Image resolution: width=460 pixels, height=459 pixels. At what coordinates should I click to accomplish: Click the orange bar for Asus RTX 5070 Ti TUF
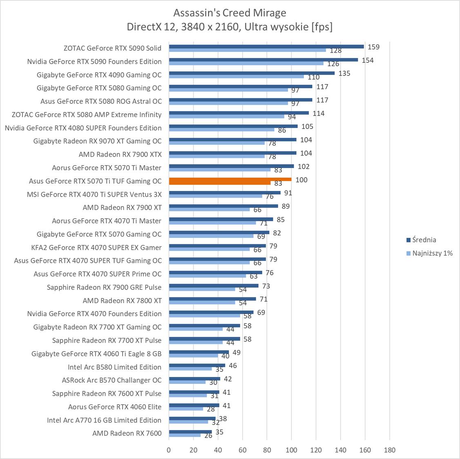pyautogui.click(x=230, y=179)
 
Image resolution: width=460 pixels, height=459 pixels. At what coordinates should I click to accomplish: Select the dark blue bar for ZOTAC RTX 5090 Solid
pyautogui.click(x=266, y=47)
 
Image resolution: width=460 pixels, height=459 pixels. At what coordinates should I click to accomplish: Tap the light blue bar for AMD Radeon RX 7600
pyautogui.click(x=185, y=435)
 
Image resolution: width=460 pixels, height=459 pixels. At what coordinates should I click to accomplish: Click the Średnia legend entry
pyautogui.click(x=424, y=240)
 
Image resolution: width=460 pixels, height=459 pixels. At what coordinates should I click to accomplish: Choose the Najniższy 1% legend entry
pyautogui.click(x=432, y=253)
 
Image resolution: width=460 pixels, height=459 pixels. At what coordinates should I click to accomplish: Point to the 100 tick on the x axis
pyautogui.click(x=291, y=450)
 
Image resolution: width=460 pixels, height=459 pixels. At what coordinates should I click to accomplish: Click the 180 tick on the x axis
pyautogui.click(x=390, y=450)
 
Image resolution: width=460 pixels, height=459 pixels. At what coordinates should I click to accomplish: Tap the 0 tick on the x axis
pyautogui.click(x=169, y=450)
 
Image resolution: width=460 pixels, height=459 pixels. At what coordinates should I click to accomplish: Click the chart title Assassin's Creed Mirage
pyautogui.click(x=230, y=13)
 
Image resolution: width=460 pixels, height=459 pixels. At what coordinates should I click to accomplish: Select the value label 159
pyautogui.click(x=373, y=47)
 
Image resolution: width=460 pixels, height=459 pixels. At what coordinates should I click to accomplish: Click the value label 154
pyautogui.click(x=368, y=60)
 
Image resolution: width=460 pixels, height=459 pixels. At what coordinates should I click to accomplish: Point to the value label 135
pyautogui.click(x=344, y=73)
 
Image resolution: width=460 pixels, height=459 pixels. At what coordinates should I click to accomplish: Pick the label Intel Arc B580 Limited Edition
pyautogui.click(x=114, y=367)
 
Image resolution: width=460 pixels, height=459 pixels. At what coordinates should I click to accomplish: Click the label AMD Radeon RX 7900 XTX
pyautogui.click(x=120, y=154)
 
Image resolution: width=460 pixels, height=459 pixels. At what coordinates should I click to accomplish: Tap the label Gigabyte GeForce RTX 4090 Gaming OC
pyautogui.click(x=99, y=75)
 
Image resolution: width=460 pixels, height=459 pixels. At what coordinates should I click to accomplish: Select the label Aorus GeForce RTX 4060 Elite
pyautogui.click(x=115, y=407)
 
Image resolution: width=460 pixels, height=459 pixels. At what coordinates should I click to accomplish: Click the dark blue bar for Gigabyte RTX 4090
pyautogui.click(x=252, y=73)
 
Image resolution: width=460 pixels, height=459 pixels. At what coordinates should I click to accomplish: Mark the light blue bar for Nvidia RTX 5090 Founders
pyautogui.click(x=246, y=63)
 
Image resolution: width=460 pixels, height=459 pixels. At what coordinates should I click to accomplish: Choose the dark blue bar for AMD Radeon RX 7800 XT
pyautogui.click(x=212, y=299)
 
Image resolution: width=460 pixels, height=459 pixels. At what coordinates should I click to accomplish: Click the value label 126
pyautogui.click(x=333, y=64)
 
